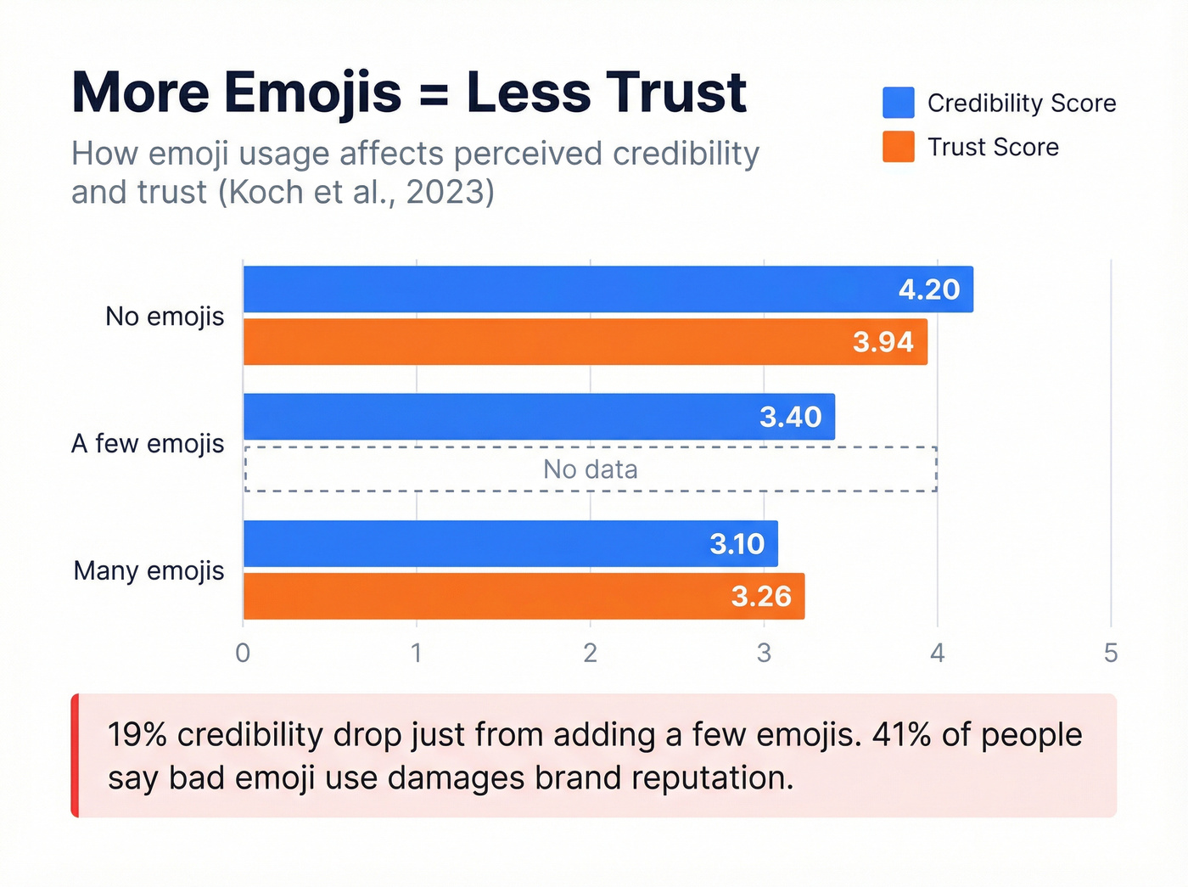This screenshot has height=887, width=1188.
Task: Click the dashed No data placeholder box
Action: tap(591, 469)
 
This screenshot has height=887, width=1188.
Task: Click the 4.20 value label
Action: tap(929, 289)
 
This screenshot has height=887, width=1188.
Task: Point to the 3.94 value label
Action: tap(883, 342)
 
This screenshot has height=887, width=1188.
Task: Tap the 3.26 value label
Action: tap(761, 597)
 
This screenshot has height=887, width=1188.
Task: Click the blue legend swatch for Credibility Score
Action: tap(899, 103)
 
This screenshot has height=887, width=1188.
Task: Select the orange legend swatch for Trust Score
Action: tap(899, 147)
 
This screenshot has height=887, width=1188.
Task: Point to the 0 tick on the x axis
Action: tap(243, 653)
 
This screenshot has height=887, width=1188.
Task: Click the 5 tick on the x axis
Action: tap(1111, 653)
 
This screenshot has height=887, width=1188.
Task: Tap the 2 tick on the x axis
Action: tap(590, 653)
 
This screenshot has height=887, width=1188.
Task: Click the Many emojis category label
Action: tap(149, 570)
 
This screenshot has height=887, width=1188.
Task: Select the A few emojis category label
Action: tap(148, 443)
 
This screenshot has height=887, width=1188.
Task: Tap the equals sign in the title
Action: tap(434, 94)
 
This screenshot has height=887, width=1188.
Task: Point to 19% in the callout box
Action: tap(137, 735)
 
